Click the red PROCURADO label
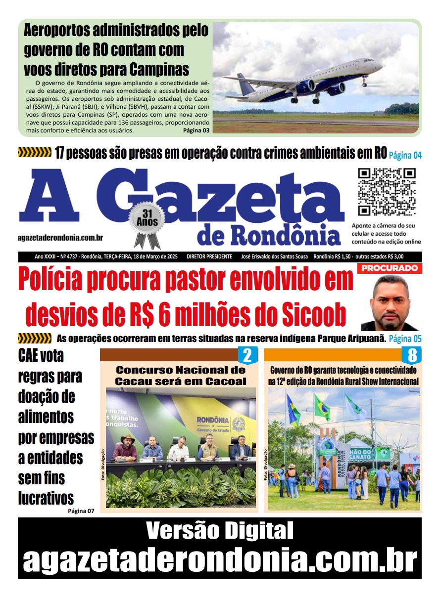pos(390,268)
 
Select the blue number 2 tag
pos(247,355)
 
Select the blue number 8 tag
pos(411,355)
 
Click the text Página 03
pos(196,130)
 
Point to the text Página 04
pos(405,155)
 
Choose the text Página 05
pos(405,339)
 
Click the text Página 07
pos(81,511)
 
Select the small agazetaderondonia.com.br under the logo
pos(60,238)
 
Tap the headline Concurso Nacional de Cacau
pos(180,375)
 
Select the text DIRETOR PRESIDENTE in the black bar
pos(209,256)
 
